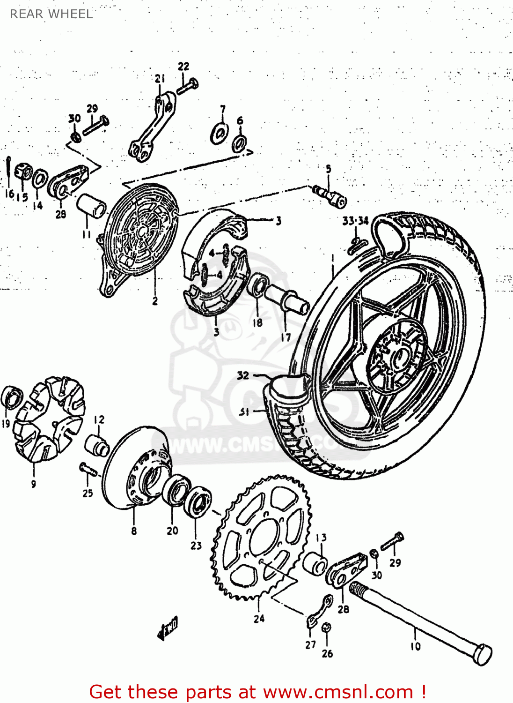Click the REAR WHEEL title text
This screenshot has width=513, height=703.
[x=51, y=14]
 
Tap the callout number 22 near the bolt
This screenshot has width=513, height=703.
[x=183, y=66]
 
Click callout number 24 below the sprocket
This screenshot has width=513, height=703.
[x=259, y=619]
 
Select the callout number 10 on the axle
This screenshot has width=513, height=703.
[x=416, y=646]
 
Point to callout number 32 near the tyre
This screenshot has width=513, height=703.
[x=243, y=375]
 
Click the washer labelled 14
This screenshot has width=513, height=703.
[x=39, y=179]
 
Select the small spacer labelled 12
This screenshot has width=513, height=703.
[x=97, y=445]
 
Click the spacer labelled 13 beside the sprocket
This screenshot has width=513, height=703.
[x=315, y=563]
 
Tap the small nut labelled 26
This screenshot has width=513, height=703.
[x=327, y=627]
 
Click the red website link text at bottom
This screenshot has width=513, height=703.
[x=257, y=692]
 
